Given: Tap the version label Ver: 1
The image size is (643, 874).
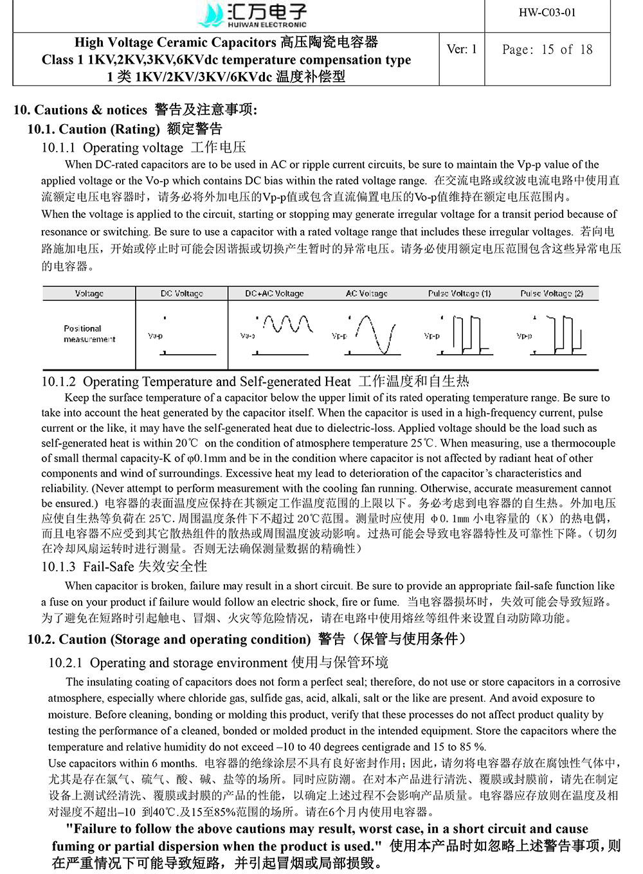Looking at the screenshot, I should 462,49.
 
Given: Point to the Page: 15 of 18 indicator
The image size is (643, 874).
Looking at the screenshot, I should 547,49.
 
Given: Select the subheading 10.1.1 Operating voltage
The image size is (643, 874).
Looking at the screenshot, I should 113,148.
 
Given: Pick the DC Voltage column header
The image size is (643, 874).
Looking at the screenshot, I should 181,294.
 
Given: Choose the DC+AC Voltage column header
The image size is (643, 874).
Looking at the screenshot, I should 274,294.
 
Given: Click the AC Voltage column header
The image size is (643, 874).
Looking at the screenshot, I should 367,294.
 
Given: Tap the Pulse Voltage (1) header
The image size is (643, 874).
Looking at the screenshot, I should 459,294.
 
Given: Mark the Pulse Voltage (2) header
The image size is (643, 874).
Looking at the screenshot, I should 552,294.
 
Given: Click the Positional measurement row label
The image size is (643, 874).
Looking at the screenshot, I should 89,334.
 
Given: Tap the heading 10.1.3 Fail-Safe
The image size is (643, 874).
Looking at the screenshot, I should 124,567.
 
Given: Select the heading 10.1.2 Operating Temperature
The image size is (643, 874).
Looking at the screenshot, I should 196,382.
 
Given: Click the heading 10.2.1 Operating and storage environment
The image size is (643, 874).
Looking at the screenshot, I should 188,663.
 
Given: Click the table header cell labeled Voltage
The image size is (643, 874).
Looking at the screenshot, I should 89,294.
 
